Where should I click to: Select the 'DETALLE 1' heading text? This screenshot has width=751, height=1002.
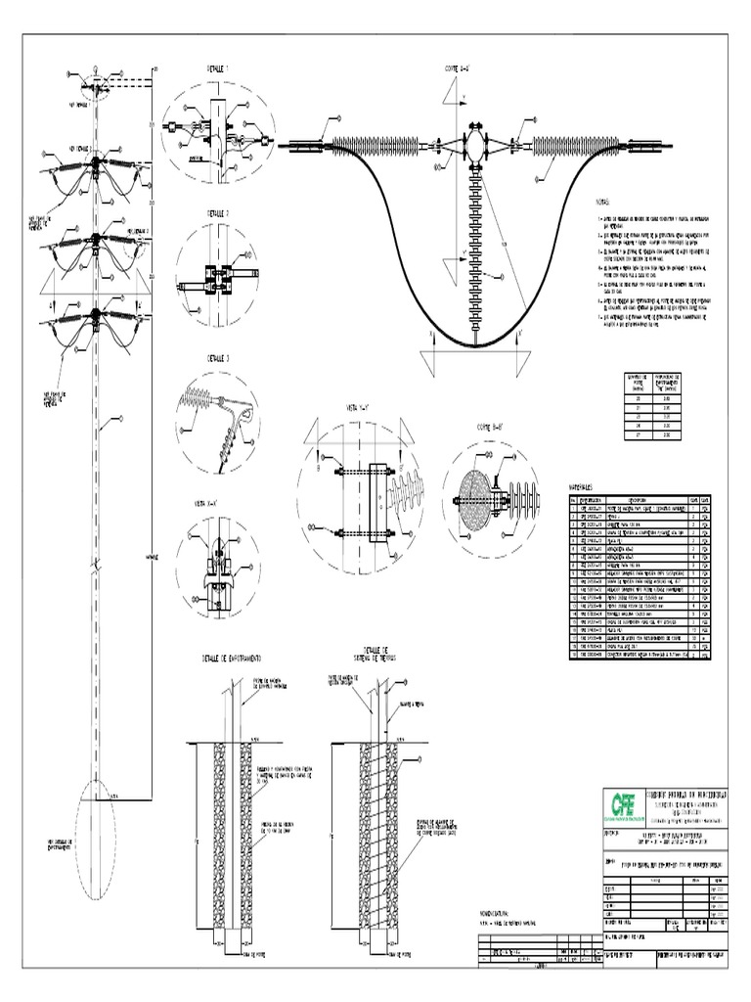pos(218,70)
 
